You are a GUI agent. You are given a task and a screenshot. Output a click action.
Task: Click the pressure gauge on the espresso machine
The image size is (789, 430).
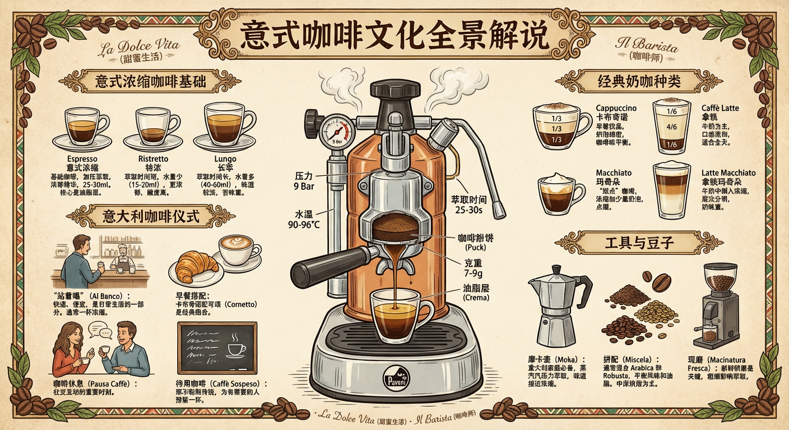click(x=335, y=132)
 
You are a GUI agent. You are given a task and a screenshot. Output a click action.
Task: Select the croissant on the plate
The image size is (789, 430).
click(x=196, y=267)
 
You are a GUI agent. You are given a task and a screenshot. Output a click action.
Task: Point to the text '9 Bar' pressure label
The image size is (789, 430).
click(x=304, y=186)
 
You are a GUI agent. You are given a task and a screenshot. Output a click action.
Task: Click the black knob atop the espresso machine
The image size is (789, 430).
click(x=395, y=90)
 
